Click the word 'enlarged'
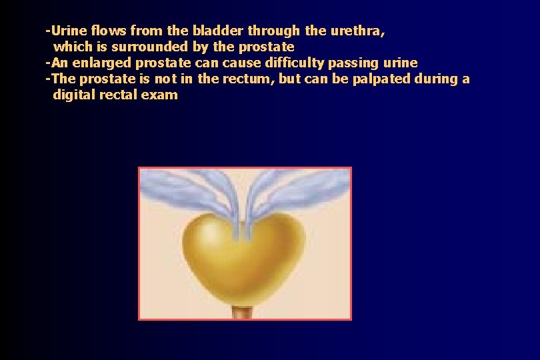tap(106, 63)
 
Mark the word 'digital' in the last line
tap(74, 95)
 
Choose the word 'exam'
tap(161, 95)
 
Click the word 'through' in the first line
tap(276, 31)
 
